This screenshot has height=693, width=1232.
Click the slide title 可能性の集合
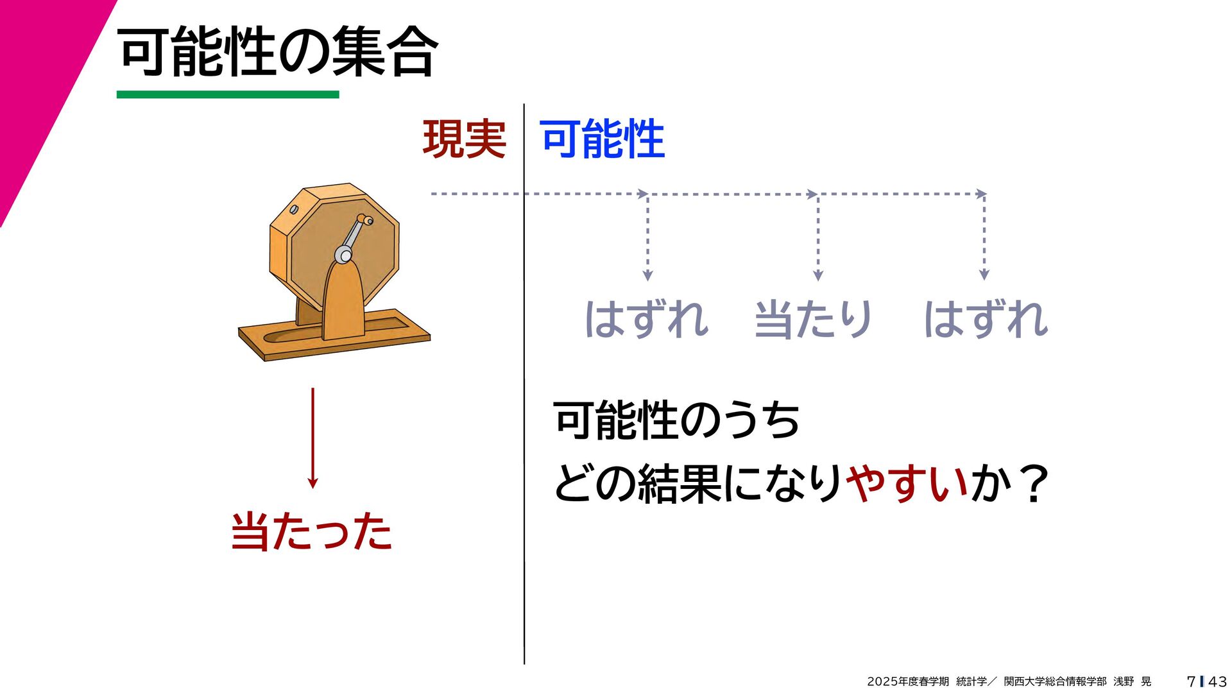coord(278,53)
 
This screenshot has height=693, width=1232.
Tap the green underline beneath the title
coord(227,94)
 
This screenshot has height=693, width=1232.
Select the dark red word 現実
coord(464,139)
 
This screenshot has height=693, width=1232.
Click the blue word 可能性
coord(603,139)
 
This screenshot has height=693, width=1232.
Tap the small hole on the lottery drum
coord(295,209)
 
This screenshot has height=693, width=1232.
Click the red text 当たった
coord(311,531)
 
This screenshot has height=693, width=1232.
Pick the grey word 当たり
coord(813,319)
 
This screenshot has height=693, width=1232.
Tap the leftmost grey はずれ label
coord(646,319)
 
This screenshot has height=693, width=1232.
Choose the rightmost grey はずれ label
coord(986,319)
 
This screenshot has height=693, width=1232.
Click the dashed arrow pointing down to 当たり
coord(817,237)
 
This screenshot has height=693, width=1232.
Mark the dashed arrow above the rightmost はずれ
coord(984,237)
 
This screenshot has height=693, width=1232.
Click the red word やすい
coord(907,483)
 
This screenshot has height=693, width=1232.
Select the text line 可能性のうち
coord(676,421)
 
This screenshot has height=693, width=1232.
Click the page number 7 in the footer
coord(1191,681)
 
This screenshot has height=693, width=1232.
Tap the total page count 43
coord(1217,681)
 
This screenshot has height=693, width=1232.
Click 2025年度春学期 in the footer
coord(907,681)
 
